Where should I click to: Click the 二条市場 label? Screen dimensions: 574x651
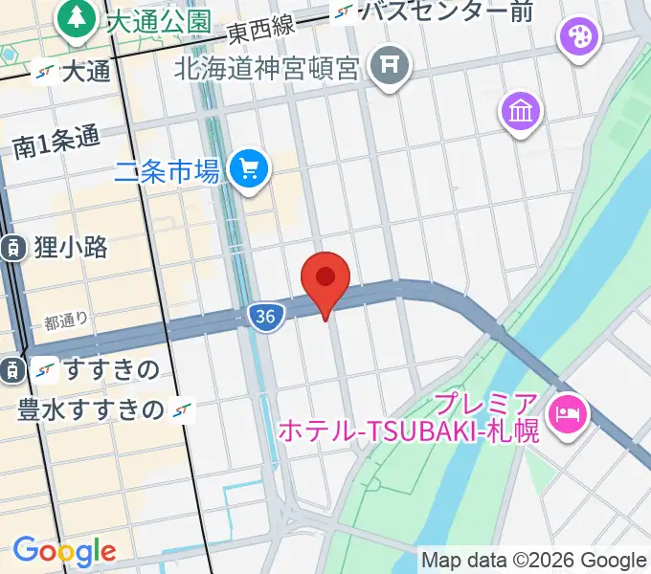pos(168,172)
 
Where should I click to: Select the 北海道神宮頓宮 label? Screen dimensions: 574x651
pos(267,69)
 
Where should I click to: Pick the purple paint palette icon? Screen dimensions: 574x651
pos(578,39)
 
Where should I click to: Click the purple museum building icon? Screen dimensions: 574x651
pos(521,113)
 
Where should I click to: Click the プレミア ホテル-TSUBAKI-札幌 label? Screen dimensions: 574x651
pos(410,417)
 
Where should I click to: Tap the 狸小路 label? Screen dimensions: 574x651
pos(68,247)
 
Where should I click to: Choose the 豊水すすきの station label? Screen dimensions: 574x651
pos(92,409)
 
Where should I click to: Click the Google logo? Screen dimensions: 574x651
pos(63,551)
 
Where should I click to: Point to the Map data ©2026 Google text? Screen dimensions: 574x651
pos(534,561)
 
